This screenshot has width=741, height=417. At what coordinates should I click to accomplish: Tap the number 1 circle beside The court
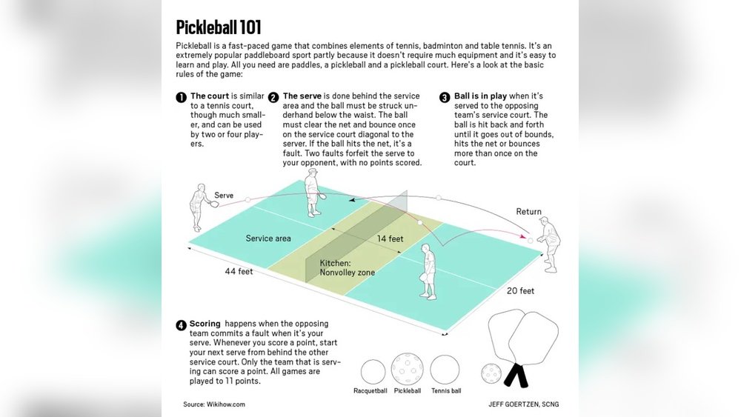click(181, 98)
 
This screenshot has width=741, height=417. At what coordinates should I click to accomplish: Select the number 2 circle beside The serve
click(273, 98)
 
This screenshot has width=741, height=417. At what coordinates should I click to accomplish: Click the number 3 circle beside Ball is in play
click(445, 98)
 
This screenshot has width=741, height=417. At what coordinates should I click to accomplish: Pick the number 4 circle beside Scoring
click(181, 325)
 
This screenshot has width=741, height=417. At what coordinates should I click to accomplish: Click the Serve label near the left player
click(224, 196)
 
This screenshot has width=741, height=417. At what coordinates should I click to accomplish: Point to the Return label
click(528, 212)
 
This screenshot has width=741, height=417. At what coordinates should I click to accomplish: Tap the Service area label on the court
click(268, 238)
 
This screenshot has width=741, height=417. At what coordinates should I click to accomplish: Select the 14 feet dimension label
click(390, 238)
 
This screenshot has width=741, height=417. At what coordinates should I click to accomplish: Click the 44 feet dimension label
click(239, 272)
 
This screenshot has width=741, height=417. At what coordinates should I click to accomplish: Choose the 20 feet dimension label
click(519, 291)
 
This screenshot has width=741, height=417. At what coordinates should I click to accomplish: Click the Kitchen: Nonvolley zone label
click(347, 268)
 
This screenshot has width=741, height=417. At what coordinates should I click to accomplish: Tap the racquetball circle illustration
click(373, 370)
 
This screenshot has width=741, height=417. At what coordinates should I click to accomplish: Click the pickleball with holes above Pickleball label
click(407, 369)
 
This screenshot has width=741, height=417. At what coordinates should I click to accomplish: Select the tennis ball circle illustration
click(445, 370)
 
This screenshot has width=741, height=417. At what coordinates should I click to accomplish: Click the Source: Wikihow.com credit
click(214, 404)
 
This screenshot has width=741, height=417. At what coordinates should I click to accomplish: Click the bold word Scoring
click(205, 324)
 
